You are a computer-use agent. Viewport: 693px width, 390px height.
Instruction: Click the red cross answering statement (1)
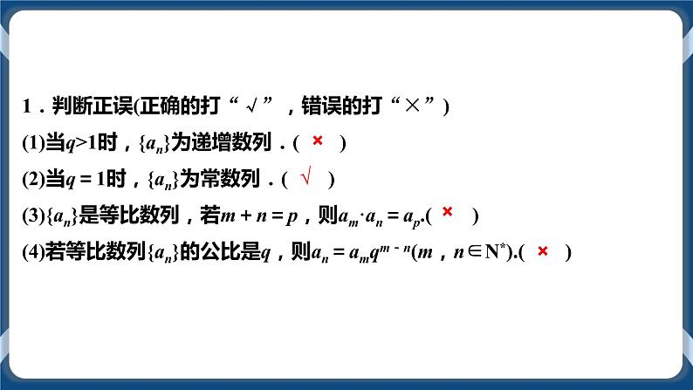coord(318,140)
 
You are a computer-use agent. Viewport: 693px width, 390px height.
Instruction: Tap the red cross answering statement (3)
coord(447,211)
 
